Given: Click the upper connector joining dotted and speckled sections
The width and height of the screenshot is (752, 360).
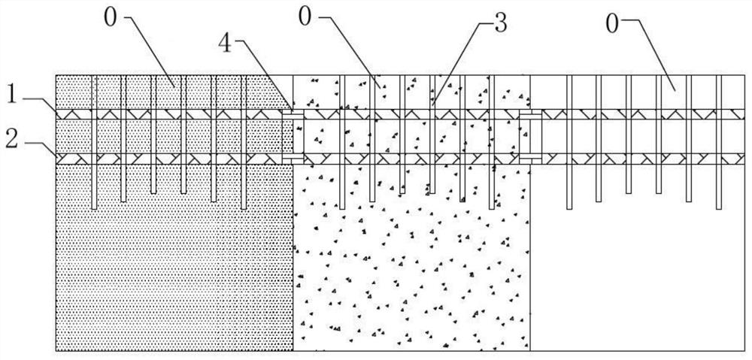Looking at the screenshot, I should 292,114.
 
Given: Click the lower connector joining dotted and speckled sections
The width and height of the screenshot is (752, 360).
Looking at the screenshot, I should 292,160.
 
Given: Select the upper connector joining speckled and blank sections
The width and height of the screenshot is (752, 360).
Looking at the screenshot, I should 529,114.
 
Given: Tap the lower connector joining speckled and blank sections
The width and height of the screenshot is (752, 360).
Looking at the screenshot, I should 529,160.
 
